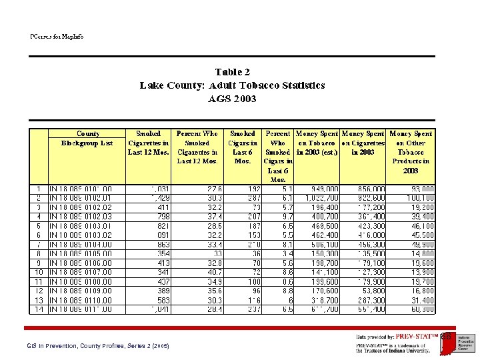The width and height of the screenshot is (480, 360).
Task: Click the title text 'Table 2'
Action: [232, 71]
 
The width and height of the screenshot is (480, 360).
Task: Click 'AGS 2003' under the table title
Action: [232, 99]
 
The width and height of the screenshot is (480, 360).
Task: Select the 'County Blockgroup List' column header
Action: [87, 138]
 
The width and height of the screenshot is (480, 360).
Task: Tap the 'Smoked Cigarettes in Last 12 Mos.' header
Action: [148, 143]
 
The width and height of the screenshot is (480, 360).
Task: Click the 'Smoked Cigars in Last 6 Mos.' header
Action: [242, 147]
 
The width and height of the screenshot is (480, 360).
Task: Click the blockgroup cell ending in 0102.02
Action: [81, 207]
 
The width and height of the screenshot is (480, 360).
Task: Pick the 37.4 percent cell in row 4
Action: [211, 217]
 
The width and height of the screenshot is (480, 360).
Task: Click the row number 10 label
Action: [39, 273]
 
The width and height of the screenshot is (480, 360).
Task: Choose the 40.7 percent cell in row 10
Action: [211, 273]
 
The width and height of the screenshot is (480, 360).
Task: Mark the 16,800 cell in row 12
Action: [421, 291]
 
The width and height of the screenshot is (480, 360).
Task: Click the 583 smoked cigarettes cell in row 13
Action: [161, 301]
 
